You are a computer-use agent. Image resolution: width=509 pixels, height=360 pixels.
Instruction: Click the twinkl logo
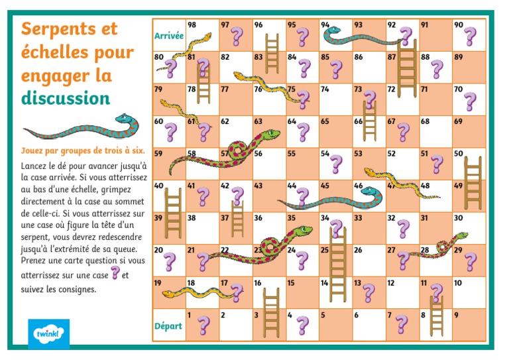point(48,333)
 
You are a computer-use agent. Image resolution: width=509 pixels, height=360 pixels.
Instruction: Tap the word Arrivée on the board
point(168,36)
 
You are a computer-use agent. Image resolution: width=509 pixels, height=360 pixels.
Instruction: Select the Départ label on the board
point(168,326)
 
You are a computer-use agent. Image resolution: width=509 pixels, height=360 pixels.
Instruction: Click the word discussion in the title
point(65,98)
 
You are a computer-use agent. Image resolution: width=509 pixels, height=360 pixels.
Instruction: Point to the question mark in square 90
point(470,36)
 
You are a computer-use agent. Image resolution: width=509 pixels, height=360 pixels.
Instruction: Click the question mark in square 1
point(203,325)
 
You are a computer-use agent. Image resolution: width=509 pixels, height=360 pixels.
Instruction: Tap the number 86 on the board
point(358,58)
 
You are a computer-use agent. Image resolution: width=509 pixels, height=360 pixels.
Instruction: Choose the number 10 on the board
point(457,283)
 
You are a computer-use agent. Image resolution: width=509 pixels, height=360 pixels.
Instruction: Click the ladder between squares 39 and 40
point(172,205)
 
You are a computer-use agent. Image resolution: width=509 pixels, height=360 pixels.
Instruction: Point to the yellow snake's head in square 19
point(169,293)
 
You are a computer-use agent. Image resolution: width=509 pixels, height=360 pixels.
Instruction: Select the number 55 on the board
point(291,154)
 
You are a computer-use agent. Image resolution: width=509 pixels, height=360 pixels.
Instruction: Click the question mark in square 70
point(470,101)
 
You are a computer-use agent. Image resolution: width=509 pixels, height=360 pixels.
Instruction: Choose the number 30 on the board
point(458,218)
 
